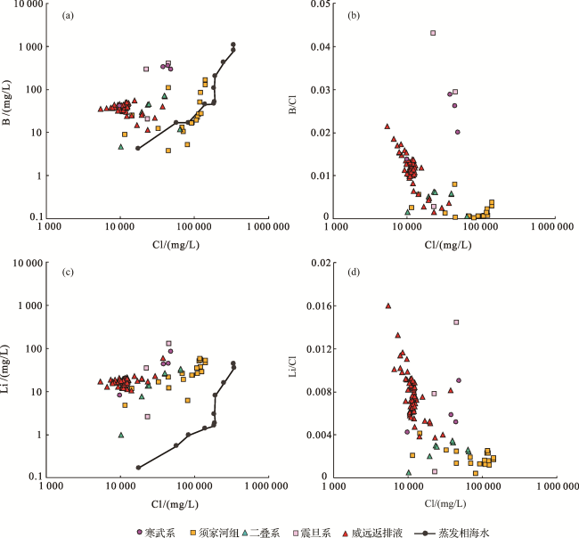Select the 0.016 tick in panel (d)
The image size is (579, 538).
click(317, 306)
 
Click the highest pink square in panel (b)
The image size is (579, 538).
click(433, 33)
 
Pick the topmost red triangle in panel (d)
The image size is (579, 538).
click(388, 306)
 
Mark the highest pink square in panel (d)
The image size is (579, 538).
click(456, 322)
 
